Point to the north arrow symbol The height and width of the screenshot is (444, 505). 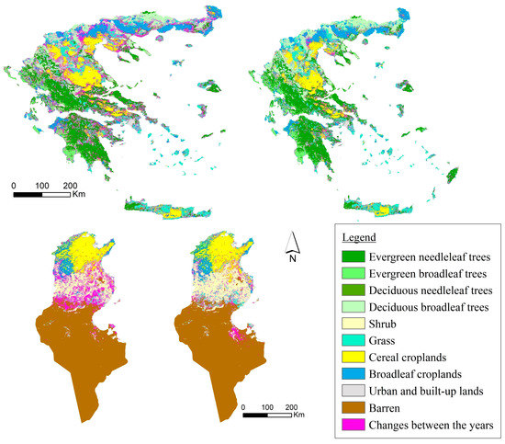click(x=290, y=241)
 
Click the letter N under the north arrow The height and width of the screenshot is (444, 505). click(x=291, y=258)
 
